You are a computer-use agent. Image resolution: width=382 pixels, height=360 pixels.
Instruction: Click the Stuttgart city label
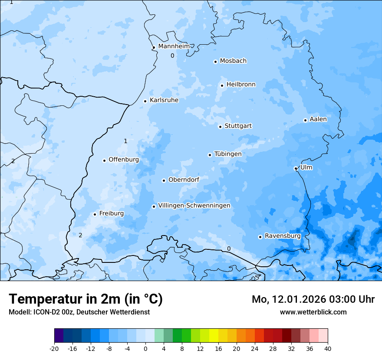[238, 126]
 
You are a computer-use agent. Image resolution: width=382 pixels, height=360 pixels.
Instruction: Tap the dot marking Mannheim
[154, 48]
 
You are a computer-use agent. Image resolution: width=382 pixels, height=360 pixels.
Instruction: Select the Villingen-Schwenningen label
[194, 206]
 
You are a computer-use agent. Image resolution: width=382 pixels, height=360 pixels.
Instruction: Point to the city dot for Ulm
[296, 168]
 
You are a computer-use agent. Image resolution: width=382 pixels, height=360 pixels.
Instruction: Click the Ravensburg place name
[283, 236]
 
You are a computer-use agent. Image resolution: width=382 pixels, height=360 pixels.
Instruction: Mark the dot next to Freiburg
[95, 214]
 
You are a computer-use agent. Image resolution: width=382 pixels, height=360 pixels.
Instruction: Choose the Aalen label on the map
[318, 119]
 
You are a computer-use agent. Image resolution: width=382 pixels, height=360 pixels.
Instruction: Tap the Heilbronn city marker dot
[222, 85]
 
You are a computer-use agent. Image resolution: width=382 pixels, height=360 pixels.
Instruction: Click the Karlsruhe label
[164, 100]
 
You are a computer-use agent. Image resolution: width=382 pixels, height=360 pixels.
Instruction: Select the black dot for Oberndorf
[164, 180]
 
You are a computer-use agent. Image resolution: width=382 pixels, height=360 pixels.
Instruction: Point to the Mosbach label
[233, 61]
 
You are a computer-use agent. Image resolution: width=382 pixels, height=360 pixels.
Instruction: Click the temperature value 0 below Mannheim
[172, 56]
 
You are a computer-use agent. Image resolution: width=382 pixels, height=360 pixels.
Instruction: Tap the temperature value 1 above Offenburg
[125, 141]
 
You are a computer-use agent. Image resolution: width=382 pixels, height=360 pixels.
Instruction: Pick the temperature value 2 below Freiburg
[80, 236]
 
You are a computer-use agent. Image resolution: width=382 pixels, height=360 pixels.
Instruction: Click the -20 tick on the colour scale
[54, 348]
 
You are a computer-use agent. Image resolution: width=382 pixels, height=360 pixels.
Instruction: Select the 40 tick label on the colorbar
[328, 348]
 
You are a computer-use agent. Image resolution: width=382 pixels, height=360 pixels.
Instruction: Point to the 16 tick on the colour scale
[218, 348]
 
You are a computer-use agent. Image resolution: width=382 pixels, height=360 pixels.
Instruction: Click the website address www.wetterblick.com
[313, 312]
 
